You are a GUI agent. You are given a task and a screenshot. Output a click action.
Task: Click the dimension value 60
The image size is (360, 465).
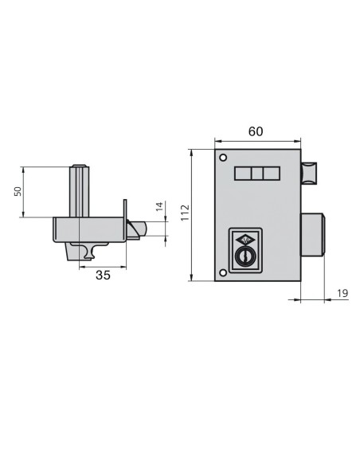pyautogui.click(x=256, y=131)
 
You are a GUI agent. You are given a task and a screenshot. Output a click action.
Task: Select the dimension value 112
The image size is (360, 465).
pyautogui.click(x=185, y=213)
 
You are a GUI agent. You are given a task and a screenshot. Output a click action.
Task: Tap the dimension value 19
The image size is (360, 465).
pyautogui.click(x=342, y=293)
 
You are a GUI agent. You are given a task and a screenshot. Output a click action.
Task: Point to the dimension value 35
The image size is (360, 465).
pyautogui.click(x=103, y=275)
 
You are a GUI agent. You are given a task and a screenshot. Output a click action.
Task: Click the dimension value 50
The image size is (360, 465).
pyautogui.click(x=18, y=191)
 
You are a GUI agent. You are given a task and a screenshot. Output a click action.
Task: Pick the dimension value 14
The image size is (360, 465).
pyautogui.click(x=159, y=206)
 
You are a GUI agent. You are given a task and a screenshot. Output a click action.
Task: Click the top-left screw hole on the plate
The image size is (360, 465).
pyautogui.click(x=223, y=158)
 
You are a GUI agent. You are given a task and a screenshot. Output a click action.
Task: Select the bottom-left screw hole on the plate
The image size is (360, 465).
pyautogui.click(x=223, y=272)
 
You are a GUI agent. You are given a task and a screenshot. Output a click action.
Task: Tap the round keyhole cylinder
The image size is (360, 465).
pyautogui.click(x=244, y=256)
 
